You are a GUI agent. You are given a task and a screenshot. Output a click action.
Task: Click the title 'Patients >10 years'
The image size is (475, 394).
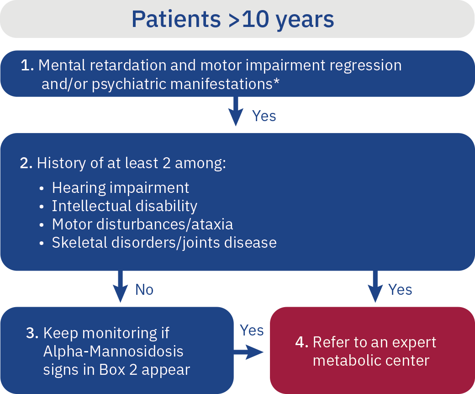(233, 19)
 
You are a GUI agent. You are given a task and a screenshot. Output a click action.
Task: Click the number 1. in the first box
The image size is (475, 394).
(27, 65)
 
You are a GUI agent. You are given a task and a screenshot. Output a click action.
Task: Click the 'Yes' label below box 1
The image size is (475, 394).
(264, 116)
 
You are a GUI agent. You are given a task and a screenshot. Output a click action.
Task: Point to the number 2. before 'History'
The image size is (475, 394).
(26, 164)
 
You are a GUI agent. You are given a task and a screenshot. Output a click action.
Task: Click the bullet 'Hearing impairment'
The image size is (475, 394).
(120, 187)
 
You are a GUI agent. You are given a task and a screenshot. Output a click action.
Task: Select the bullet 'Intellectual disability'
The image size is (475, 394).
(124, 206)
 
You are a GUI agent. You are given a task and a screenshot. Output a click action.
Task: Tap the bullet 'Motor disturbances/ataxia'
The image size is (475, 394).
(142, 224)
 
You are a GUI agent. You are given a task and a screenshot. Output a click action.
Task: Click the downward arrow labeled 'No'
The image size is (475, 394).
(120, 286)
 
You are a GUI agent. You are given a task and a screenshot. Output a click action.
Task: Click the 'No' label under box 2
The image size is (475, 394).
(144, 290)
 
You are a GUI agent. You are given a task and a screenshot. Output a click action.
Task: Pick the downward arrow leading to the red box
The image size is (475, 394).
(375, 286)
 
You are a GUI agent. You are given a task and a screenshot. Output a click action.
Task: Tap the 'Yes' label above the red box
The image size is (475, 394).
(400, 290)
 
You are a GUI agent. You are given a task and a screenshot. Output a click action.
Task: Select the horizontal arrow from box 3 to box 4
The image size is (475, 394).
(249, 352)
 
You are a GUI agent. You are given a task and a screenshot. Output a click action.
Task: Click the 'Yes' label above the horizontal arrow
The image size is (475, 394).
(252, 330)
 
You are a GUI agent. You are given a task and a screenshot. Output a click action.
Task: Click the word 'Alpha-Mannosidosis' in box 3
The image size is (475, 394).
(113, 351)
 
